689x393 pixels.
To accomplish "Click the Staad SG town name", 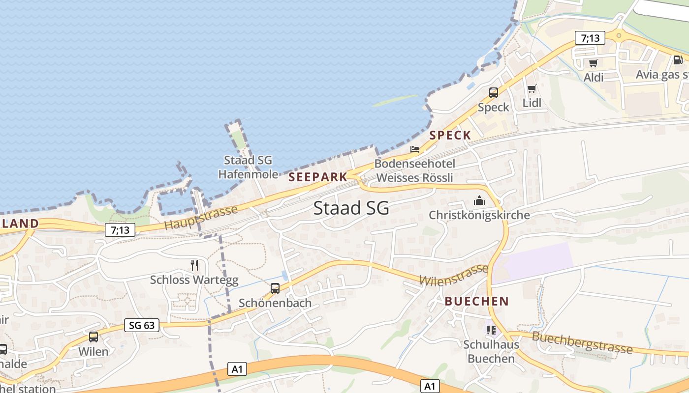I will [x=351, y=208].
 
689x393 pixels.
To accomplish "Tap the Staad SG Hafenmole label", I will [x=248, y=167].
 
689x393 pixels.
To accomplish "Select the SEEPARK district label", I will [x=318, y=177].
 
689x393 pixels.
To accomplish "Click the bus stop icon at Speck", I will [x=493, y=92].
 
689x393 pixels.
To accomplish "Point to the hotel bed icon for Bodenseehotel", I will [x=415, y=149].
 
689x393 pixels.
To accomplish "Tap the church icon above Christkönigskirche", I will [x=479, y=200].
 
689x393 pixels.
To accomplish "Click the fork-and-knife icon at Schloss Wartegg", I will [x=194, y=265].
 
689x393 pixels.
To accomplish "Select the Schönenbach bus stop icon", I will [x=275, y=288].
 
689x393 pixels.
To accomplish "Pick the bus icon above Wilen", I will [x=94, y=337].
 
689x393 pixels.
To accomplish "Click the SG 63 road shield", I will [x=142, y=325].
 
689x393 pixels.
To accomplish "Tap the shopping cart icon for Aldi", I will [x=593, y=63].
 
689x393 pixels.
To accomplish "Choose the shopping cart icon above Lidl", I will [x=532, y=89].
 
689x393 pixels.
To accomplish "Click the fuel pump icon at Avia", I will [x=678, y=60].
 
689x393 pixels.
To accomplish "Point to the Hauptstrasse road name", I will [x=201, y=217].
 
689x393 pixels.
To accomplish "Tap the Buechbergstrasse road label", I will [x=582, y=342].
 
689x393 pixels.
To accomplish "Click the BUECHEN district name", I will [x=476, y=301].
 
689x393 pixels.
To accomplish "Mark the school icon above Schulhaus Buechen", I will [x=491, y=330].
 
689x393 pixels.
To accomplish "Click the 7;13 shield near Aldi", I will [x=590, y=38].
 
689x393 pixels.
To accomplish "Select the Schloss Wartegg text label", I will [x=194, y=280].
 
